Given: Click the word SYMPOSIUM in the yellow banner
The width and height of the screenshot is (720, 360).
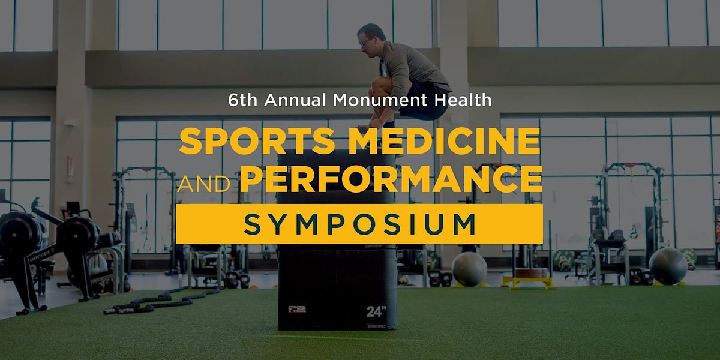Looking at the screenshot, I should click(x=360, y=224).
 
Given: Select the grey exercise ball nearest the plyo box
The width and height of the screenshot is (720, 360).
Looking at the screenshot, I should click(x=469, y=269).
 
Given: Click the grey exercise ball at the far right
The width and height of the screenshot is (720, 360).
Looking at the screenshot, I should click(x=667, y=266).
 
